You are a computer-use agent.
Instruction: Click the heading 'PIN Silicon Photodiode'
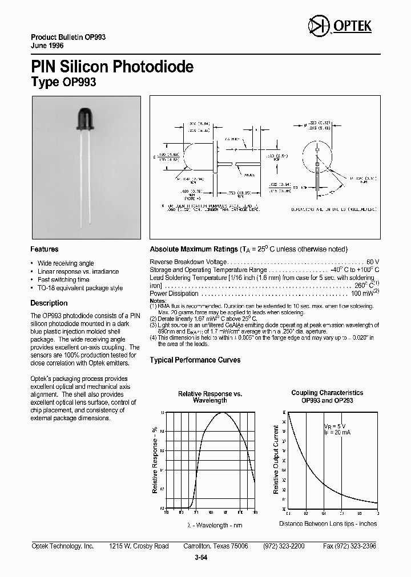click(x=112, y=67)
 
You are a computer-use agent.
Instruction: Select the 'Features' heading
click(x=44, y=249)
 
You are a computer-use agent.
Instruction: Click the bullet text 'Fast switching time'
click(x=63, y=280)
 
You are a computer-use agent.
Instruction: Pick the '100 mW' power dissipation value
click(x=361, y=294)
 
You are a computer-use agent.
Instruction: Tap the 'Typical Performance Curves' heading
click(x=195, y=360)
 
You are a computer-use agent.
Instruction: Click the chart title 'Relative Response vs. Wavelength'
click(x=210, y=397)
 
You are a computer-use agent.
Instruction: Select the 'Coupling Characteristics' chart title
click(x=327, y=393)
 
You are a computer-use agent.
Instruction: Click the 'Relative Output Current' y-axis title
click(x=276, y=460)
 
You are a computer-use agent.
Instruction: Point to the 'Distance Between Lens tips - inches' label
click(x=328, y=523)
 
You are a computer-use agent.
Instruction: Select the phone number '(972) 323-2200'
click(x=284, y=546)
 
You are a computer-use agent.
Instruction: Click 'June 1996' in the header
click(x=47, y=45)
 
